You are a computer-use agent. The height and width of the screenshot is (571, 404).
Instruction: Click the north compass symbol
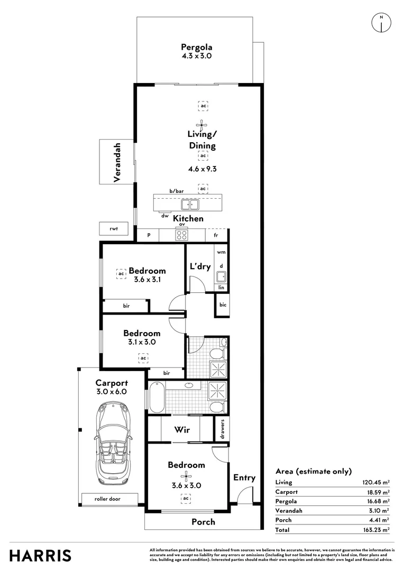click(x=381, y=22)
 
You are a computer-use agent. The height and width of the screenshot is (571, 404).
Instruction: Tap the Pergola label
click(x=196, y=46)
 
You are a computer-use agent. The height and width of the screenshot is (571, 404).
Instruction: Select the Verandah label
click(x=117, y=162)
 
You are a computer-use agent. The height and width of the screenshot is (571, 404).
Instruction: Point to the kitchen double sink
click(x=189, y=205)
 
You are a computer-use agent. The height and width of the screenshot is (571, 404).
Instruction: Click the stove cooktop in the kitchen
click(x=181, y=235)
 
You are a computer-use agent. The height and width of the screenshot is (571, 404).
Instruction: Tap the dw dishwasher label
click(x=165, y=216)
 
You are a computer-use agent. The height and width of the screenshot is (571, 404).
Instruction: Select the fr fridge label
click(x=216, y=235)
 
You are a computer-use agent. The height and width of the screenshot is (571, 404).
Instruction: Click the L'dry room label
click(x=200, y=266)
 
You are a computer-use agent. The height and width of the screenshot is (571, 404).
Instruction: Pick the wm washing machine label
click(x=221, y=253)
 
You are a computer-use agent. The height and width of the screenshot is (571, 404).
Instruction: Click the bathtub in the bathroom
click(x=157, y=398)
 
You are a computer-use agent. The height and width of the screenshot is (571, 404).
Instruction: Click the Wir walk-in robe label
click(x=182, y=429)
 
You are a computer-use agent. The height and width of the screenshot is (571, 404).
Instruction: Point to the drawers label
click(x=223, y=429)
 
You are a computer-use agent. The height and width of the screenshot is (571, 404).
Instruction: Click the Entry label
click(x=244, y=477)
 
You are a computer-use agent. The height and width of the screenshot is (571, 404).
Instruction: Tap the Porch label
click(x=203, y=522)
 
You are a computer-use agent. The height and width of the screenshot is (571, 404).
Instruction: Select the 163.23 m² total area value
click(x=374, y=529)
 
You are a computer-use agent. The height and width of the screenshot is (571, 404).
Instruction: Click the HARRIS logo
click(x=41, y=555)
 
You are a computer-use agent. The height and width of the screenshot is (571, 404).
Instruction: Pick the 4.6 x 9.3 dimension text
click(x=203, y=170)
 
